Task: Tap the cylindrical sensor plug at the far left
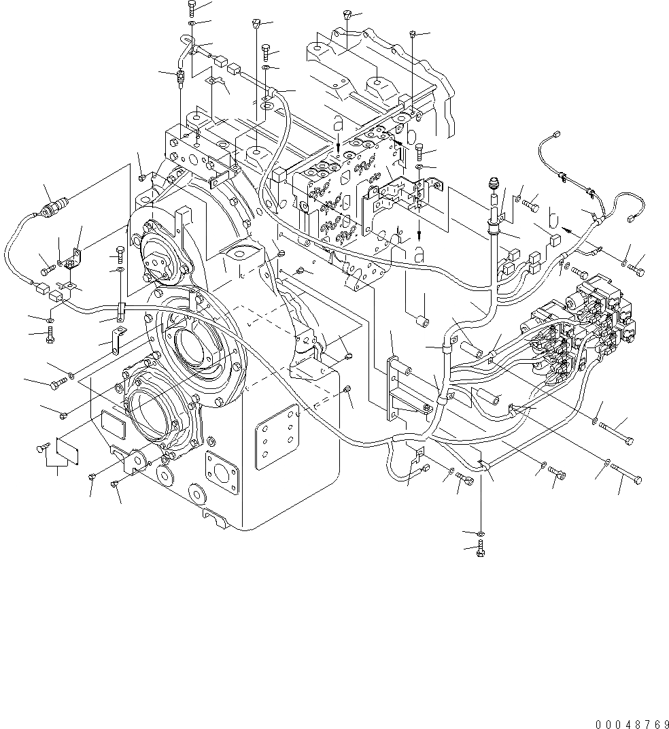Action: [53, 203]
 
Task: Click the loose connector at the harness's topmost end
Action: [557, 135]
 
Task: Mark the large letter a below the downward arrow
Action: [419, 255]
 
